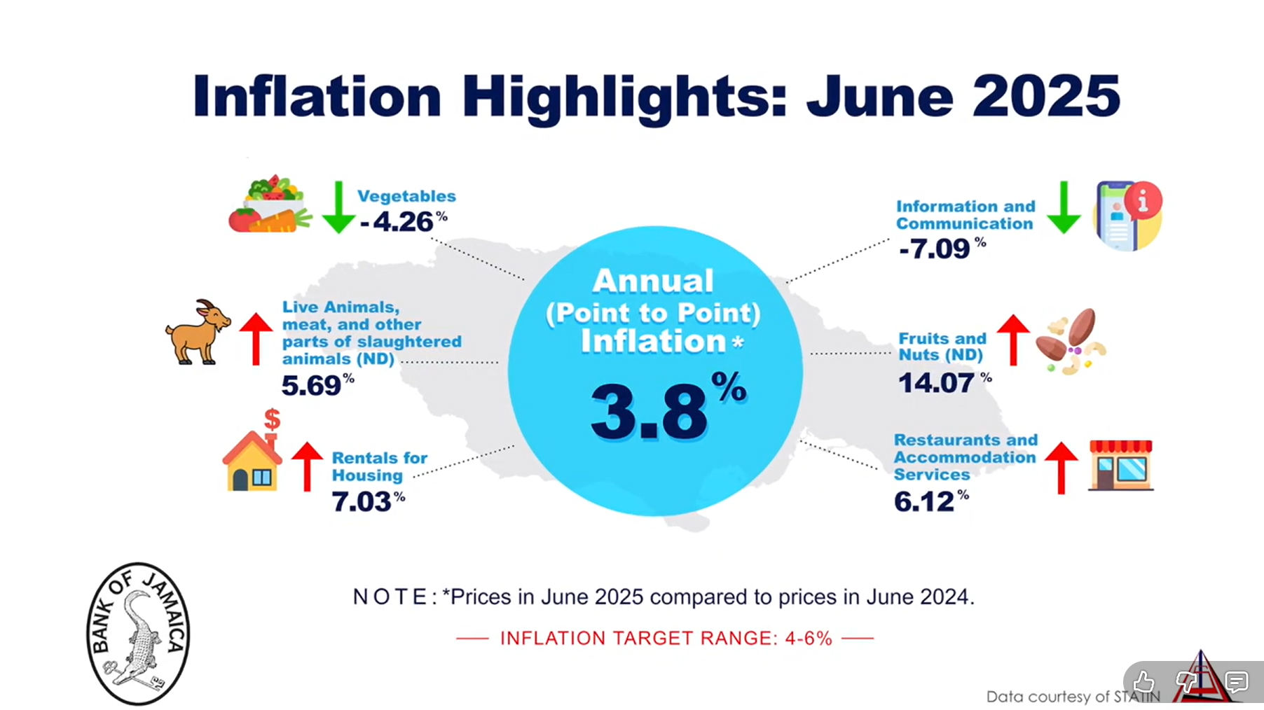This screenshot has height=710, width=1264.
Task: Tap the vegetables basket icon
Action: click(x=269, y=204)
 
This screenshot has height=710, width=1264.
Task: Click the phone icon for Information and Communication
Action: click(x=1127, y=216)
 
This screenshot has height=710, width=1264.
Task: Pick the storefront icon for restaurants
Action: click(x=1120, y=465)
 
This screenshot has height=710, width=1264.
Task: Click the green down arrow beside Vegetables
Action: click(x=338, y=207)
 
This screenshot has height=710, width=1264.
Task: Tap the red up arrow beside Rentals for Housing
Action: click(x=307, y=466)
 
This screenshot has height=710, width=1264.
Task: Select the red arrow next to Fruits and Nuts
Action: click(x=1013, y=340)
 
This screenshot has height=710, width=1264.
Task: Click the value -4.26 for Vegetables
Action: click(x=397, y=222)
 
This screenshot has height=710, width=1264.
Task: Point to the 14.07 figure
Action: click(x=936, y=383)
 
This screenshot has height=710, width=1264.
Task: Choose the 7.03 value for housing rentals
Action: click(x=362, y=501)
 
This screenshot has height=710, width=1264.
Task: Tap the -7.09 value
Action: click(x=935, y=249)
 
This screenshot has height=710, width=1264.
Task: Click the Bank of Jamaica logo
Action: click(x=139, y=633)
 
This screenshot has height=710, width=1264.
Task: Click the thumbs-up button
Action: click(x=1143, y=681)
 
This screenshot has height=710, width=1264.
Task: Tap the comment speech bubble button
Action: click(x=1237, y=681)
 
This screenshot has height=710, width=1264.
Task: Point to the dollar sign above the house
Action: click(x=272, y=419)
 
